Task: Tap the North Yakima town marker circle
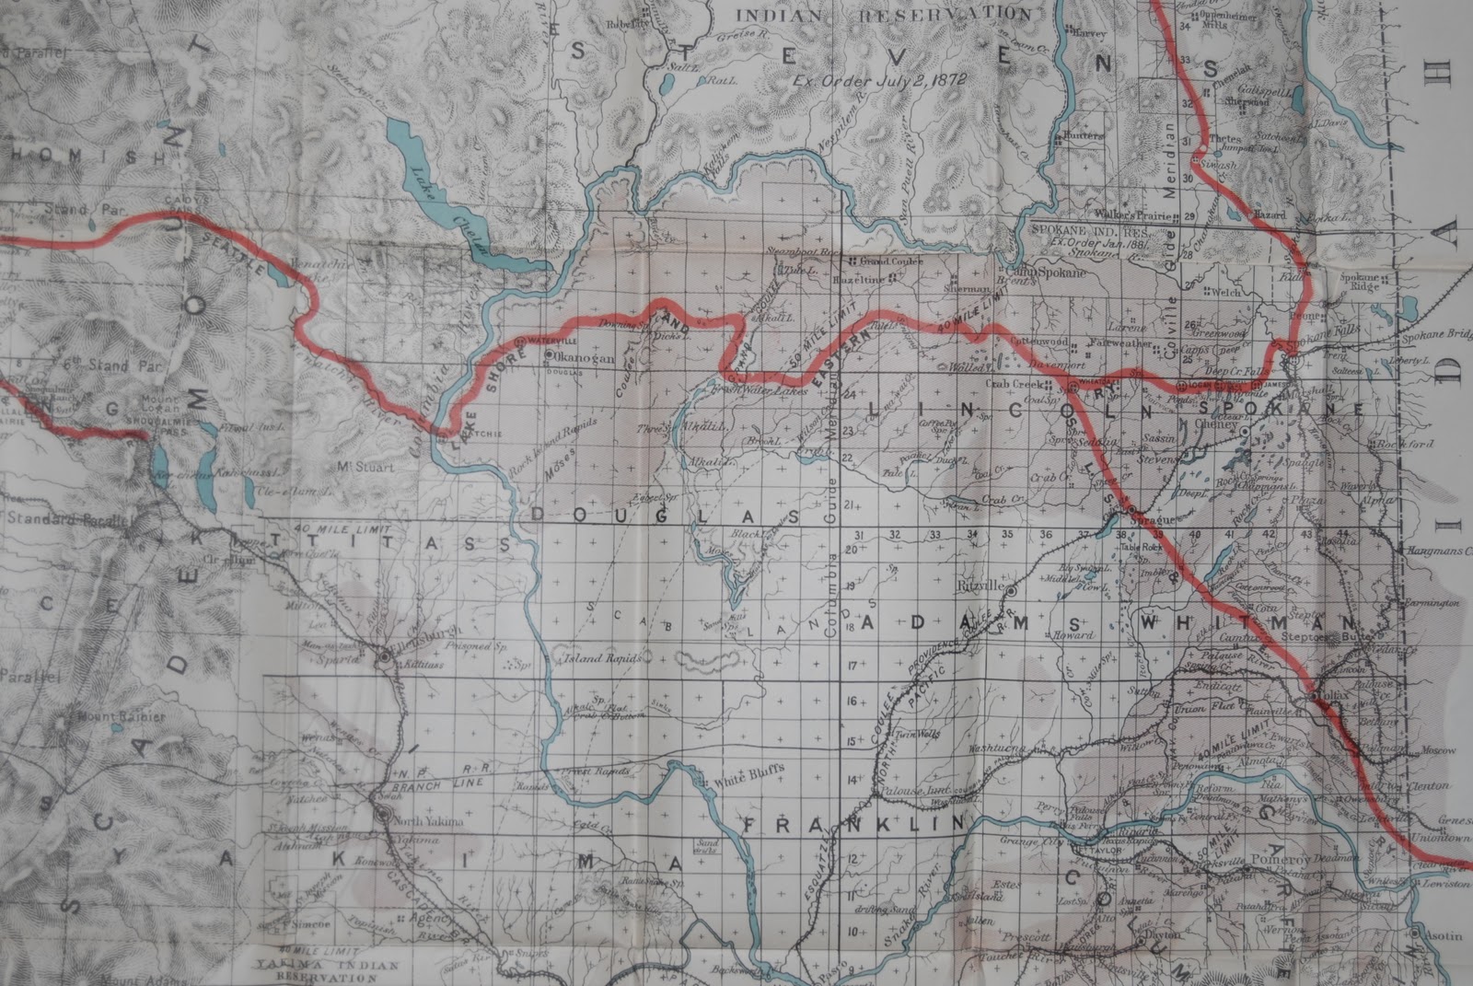click(383, 815)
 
